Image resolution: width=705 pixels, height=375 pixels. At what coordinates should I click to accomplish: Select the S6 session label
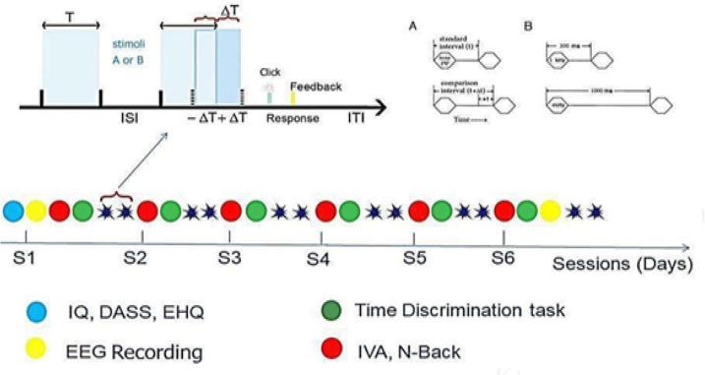coord(503,257)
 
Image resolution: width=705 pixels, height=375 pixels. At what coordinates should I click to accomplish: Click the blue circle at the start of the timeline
coord(13,210)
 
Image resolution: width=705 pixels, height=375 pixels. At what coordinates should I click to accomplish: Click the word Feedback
coord(316,87)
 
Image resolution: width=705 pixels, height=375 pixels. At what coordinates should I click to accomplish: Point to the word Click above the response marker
coord(270,72)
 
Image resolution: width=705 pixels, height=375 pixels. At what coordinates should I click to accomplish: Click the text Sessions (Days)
coord(615,264)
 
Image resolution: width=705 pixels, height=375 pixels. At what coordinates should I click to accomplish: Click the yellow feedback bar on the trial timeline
coord(292,96)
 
